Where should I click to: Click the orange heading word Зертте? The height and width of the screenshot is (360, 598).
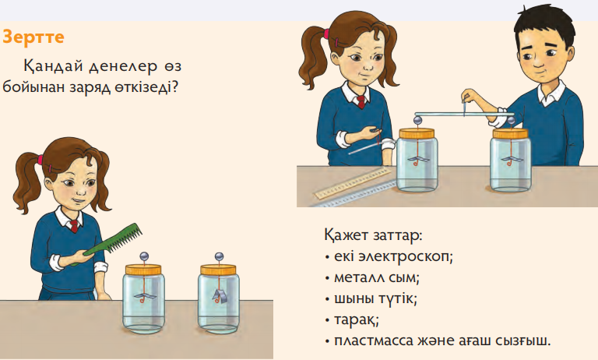coord(33,37)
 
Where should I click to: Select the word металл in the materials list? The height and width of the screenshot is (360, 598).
coord(358,277)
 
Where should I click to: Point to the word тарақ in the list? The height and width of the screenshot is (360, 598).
coord(356,320)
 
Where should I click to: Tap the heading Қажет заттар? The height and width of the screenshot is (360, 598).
coord(374,235)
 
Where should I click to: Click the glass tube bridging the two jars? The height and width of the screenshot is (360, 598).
coord(464,114)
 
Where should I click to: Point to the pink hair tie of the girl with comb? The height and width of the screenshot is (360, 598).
coord(39,159)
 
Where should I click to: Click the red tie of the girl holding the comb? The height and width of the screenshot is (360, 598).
coord(75,226)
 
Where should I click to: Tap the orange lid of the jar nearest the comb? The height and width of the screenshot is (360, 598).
coord(143,270)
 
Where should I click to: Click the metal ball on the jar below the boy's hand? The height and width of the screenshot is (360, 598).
coord(511,122)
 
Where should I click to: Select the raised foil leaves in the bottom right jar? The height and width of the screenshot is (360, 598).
coord(219,295)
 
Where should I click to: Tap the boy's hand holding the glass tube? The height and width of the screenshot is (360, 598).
coord(469,96)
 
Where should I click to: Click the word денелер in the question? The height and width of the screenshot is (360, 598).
coord(123,67)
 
